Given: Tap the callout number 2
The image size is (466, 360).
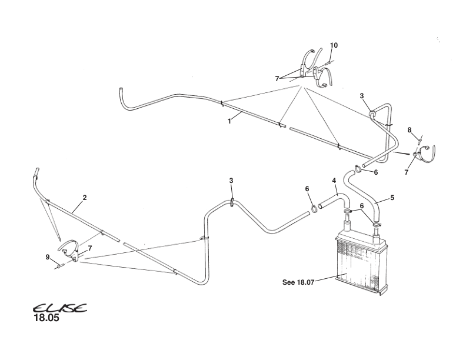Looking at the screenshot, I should pyautogui.click(x=85, y=197).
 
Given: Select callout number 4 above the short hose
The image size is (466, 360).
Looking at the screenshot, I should pyautogui.click(x=334, y=180).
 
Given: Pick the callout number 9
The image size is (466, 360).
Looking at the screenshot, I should pyautogui.click(x=47, y=256).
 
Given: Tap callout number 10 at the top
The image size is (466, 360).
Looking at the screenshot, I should pyautogui.click(x=334, y=45).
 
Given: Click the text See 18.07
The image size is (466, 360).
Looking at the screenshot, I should pyautogui.click(x=299, y=282).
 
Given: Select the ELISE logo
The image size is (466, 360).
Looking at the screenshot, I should pyautogui.click(x=59, y=308).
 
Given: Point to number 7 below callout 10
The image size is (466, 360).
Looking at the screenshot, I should pyautogui.click(x=277, y=78).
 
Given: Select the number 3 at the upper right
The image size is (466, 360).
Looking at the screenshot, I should pyautogui.click(x=362, y=95).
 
